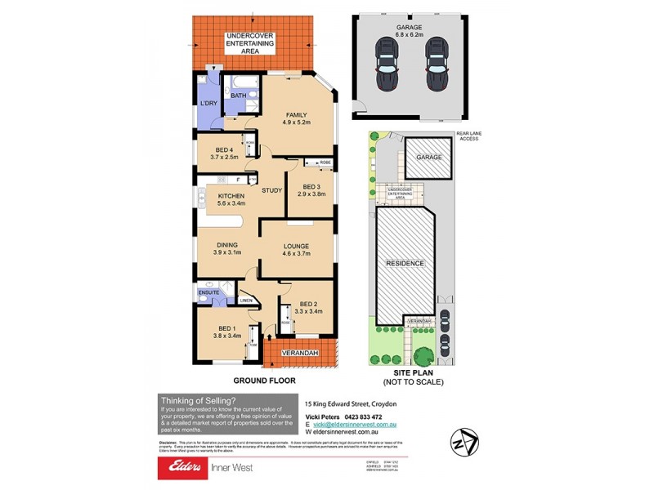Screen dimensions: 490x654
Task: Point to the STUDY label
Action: [271, 190]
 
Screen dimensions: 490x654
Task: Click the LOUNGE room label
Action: [295, 245]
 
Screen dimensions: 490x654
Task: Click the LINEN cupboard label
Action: [246, 301]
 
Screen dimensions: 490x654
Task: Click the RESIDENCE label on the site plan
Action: [405, 263]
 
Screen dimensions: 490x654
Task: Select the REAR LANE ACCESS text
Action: [468, 136]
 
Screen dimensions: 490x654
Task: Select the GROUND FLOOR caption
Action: [263, 381]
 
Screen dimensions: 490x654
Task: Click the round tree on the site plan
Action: [424, 355]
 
